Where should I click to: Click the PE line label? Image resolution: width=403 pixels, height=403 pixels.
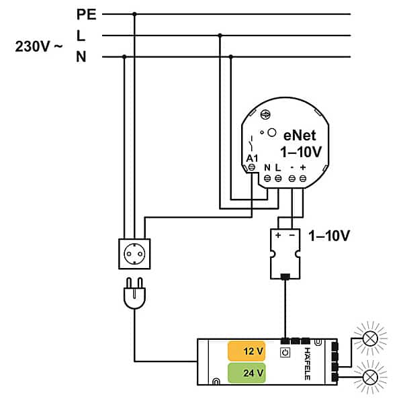pyautogui.click(x=87, y=13)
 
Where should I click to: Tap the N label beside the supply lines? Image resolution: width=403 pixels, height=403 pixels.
pyautogui.click(x=81, y=57)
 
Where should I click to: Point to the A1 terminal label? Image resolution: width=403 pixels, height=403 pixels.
pyautogui.click(x=252, y=159)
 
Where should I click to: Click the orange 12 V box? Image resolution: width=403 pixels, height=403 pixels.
pyautogui.click(x=247, y=352)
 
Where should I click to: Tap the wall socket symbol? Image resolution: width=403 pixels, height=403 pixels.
pyautogui.click(x=135, y=254)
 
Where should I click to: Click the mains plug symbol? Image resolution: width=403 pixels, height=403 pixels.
pyautogui.click(x=135, y=294)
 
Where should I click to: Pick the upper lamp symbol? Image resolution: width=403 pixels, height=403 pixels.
pyautogui.click(x=370, y=339)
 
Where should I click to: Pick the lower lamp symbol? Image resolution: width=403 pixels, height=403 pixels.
pyautogui.click(x=370, y=380)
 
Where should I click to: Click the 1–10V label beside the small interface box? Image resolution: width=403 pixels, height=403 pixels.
pyautogui.click(x=329, y=236)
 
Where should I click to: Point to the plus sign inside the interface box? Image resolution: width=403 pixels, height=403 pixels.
pyautogui.click(x=278, y=236)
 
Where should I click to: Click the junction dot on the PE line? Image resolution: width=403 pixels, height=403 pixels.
pyautogui.click(x=135, y=14)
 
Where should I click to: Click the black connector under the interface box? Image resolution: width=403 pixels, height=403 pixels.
pyautogui.click(x=285, y=275)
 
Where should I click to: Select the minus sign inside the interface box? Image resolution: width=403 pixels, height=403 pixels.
pyautogui.click(x=291, y=236)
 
